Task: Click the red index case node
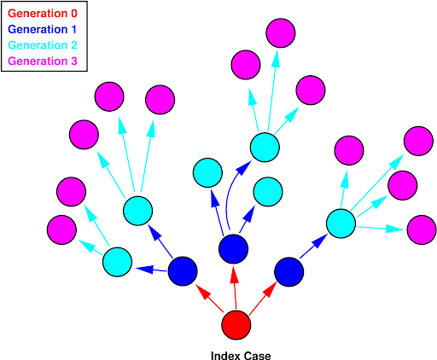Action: pos(236,325)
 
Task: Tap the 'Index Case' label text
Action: pos(241,356)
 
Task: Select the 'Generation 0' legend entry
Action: pos(43,14)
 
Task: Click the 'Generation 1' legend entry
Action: pos(43,29)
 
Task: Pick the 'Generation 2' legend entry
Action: pos(43,45)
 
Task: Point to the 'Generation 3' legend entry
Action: pos(43,61)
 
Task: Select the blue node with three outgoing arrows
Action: pos(233,249)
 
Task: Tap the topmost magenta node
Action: pos(281,33)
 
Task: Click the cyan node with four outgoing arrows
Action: pos(341,224)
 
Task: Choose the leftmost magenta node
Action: pos(61,229)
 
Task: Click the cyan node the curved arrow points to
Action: pos(265,148)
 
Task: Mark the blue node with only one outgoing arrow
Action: pos(289,272)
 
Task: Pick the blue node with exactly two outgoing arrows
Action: pos(183,271)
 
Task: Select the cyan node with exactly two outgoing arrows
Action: pos(117,262)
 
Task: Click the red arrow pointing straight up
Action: pos(235,287)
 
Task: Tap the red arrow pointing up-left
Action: pos(209,298)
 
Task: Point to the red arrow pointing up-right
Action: pos(263,299)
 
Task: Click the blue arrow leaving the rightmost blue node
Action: pos(314,246)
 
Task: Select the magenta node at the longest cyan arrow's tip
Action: pos(418,141)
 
